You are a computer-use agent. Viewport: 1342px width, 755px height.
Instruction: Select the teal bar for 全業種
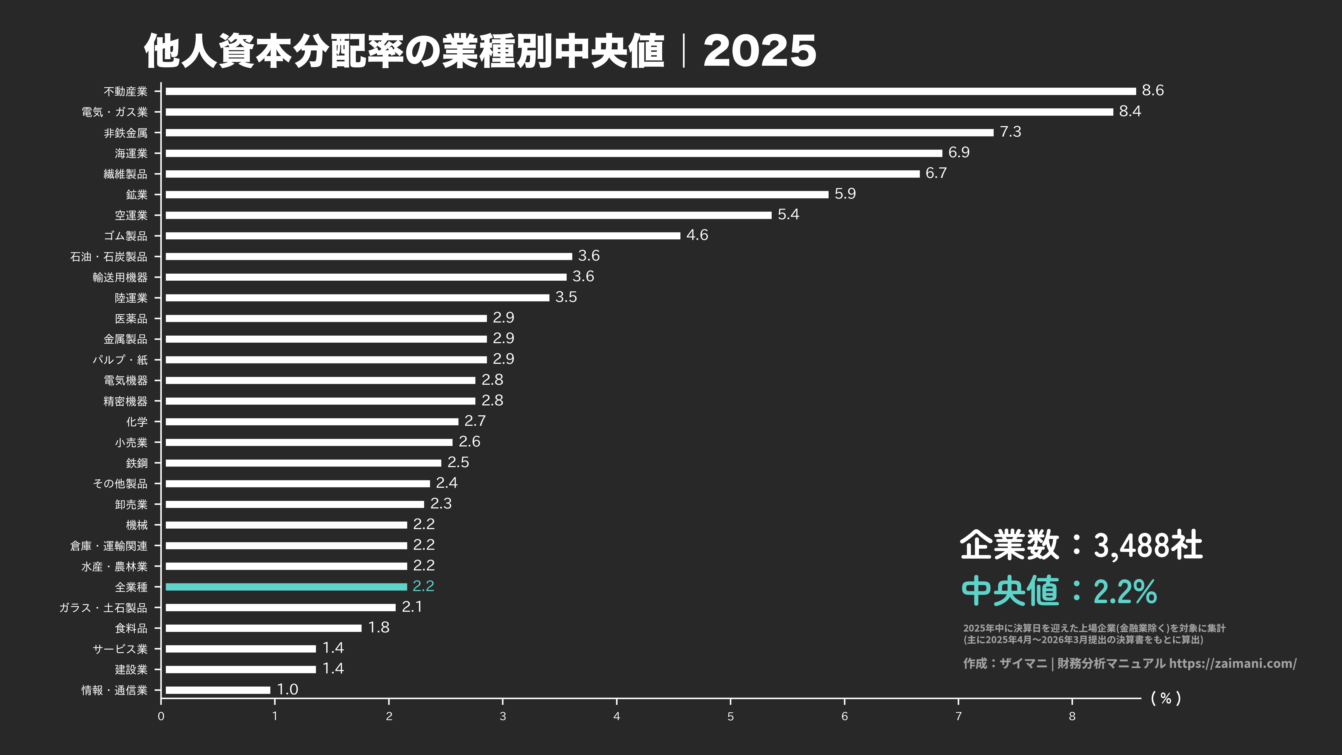coord(286,587)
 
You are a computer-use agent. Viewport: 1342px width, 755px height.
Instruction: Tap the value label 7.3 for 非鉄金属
coord(1010,132)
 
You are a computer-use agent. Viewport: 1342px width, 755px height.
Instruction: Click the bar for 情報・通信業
coord(218,690)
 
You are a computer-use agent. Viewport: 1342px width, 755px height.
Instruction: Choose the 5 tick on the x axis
coord(730,716)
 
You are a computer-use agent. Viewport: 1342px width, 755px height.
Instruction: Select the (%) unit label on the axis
coord(1165,698)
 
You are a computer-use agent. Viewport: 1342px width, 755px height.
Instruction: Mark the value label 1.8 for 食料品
coord(379,628)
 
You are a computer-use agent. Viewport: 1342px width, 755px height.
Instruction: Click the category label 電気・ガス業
coord(115,112)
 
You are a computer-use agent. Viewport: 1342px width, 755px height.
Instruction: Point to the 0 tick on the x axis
coord(161,716)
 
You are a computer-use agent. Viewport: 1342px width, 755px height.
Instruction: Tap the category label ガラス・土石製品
coord(103,608)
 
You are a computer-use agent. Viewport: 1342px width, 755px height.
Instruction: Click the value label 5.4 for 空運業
coord(788,215)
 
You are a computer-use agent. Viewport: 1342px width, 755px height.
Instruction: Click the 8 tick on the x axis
coord(1072,716)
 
